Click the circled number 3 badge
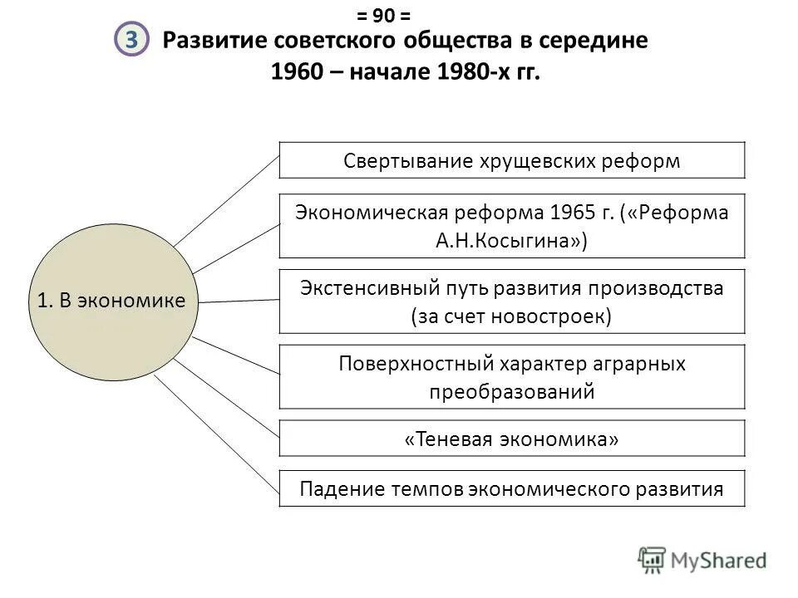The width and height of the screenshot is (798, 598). tap(131, 41)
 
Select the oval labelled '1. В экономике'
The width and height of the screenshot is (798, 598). tap(111, 301)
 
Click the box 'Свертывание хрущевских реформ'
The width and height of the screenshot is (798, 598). tap(512, 160)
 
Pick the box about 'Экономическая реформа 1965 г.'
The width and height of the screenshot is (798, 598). tap(512, 226)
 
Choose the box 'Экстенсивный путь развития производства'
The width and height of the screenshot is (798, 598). tap(512, 301)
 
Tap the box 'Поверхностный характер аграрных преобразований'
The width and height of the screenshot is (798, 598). tap(512, 377)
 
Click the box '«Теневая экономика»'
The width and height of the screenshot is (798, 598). tap(512, 439)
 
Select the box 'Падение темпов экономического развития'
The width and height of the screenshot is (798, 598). tap(512, 488)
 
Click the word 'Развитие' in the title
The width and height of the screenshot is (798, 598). tap(210, 41)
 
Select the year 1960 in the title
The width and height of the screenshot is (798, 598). tap(296, 72)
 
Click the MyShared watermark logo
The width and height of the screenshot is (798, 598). tap(702, 560)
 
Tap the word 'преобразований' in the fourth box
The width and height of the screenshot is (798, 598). tap(512, 392)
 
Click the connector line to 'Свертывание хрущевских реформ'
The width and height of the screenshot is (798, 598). tap(226, 199)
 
